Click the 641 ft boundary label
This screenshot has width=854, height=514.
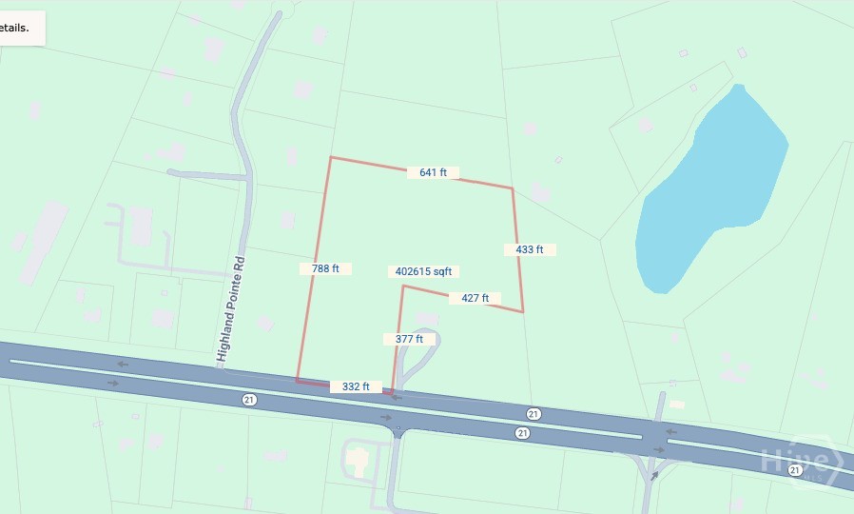tap(434, 172)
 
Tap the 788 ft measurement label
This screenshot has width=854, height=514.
tap(325, 268)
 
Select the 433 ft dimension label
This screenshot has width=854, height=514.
tap(530, 249)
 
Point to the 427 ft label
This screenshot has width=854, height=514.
tap(475, 298)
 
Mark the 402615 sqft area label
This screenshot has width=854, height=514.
tap(424, 271)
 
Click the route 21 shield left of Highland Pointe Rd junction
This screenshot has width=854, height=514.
tap(249, 398)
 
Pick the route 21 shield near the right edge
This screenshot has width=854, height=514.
tap(794, 457)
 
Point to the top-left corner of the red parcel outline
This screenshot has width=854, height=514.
tap(330, 157)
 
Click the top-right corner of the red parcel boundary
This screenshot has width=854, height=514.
tap(513, 188)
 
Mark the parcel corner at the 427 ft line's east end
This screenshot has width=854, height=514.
tap(523, 311)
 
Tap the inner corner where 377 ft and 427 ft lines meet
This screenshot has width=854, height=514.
tap(402, 286)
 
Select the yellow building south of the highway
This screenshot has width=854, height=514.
tap(357, 459)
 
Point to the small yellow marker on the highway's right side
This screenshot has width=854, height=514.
tap(676, 405)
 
